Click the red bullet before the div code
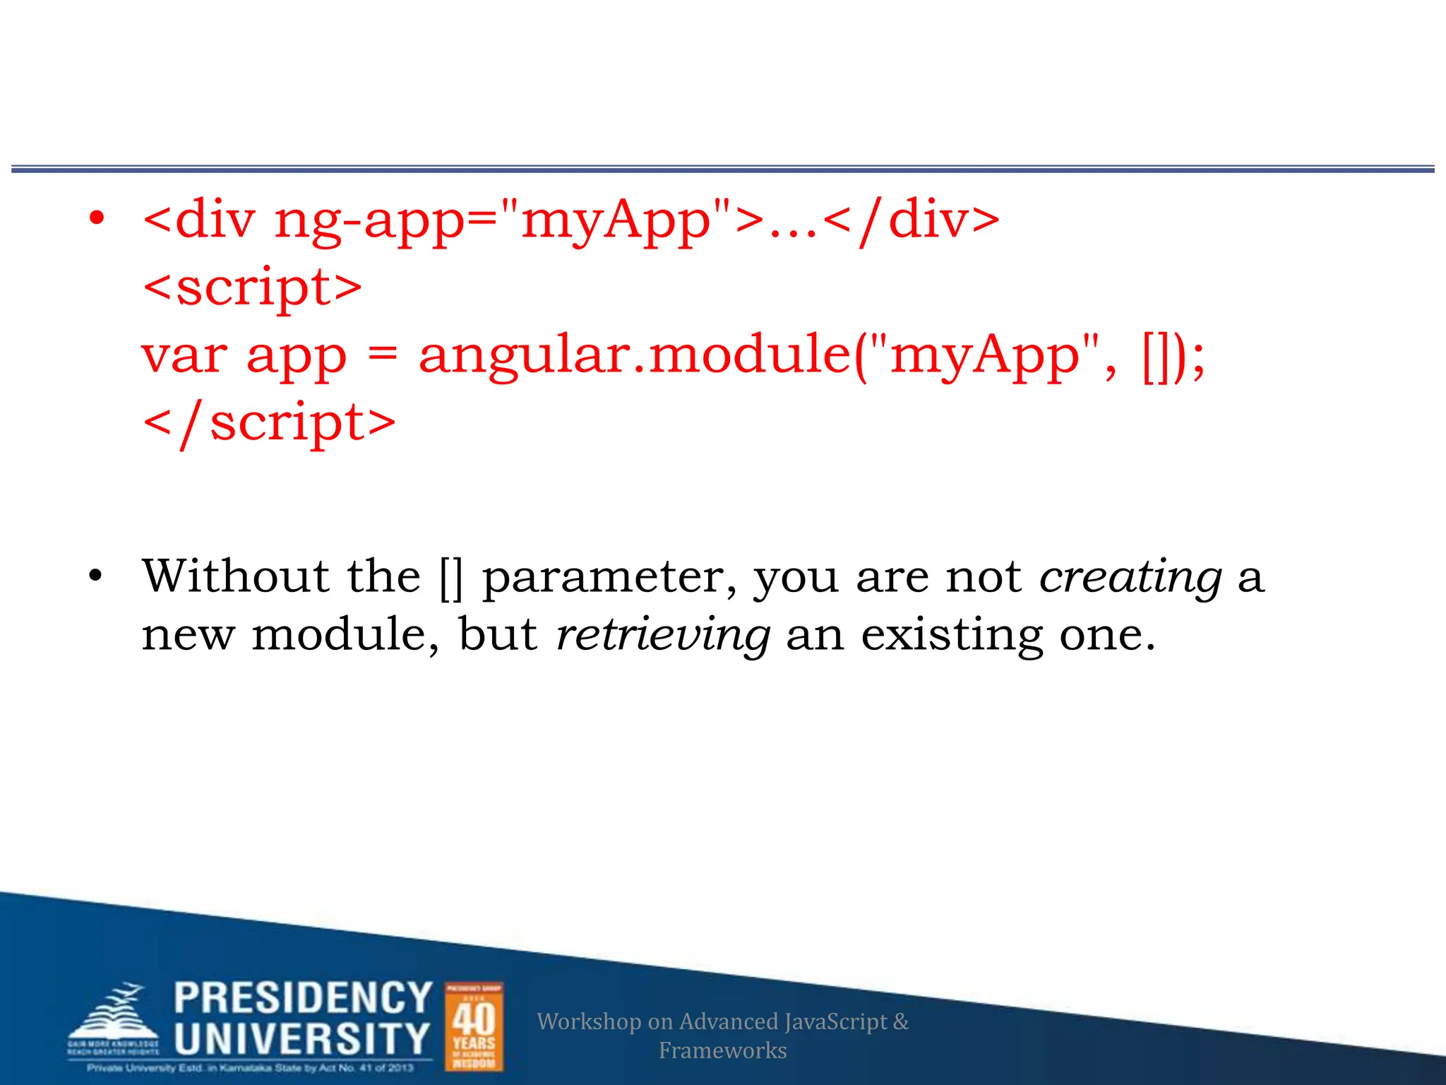coord(97,218)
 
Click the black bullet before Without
coord(96,576)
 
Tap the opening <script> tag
coord(252,287)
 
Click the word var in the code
coord(184,355)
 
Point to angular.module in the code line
coord(635,355)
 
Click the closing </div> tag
coord(911,220)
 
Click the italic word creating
coord(1130,577)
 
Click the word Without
coord(236,576)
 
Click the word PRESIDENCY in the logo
coord(303,997)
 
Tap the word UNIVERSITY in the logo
coord(302,1038)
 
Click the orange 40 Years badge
coord(474,1026)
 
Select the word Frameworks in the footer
coord(722,1050)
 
